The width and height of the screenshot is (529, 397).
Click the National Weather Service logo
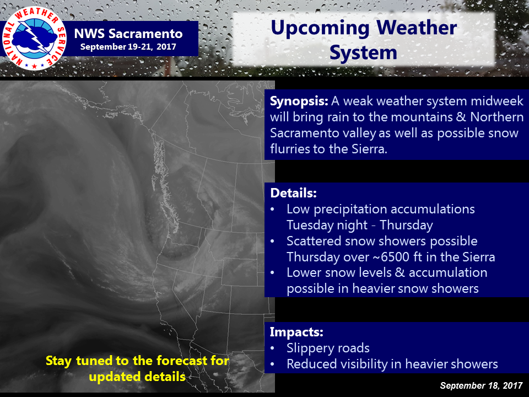pyautogui.click(x=34, y=38)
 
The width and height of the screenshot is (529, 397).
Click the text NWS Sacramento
pyautogui.click(x=128, y=34)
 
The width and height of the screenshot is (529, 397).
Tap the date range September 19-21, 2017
pyautogui.click(x=128, y=46)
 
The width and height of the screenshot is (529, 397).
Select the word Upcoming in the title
pyautogui.click(x=320, y=28)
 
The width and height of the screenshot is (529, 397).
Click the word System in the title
pyautogui.click(x=363, y=53)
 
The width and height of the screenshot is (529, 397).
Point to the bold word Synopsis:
pyautogui.click(x=299, y=101)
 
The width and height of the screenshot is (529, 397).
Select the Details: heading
pyautogui.click(x=294, y=193)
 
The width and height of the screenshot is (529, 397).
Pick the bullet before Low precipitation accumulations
pyautogui.click(x=273, y=210)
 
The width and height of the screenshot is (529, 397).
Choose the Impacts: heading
pyautogui.click(x=296, y=332)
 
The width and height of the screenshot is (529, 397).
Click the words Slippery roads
pyautogui.click(x=328, y=348)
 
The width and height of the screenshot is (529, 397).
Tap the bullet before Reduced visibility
pyautogui.click(x=273, y=364)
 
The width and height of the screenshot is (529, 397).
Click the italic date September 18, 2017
pyautogui.click(x=482, y=385)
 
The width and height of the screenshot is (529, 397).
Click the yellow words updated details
pyautogui.click(x=137, y=377)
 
